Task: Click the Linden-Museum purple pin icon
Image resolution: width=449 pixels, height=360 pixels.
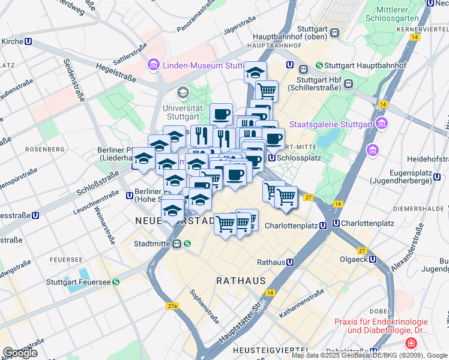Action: click(x=152, y=64)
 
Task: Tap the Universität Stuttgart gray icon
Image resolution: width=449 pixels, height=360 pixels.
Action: click(x=182, y=93)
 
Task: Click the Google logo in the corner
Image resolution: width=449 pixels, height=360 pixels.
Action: click(x=20, y=353)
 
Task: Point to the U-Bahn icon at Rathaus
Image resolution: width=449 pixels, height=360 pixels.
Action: click(x=290, y=262)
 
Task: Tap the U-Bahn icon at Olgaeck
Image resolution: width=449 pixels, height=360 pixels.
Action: click(x=373, y=259)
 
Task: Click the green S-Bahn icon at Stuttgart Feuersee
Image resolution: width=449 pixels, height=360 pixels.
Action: click(x=115, y=281)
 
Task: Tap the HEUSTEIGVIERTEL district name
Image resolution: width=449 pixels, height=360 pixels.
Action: click(x=271, y=350)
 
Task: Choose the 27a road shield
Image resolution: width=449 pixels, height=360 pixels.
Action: click(x=173, y=306)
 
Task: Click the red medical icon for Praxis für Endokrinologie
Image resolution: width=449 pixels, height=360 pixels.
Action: click(x=411, y=344)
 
